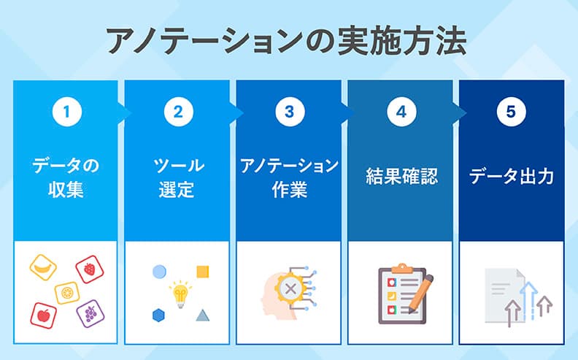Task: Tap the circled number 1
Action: pos(66,112)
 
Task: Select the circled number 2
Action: pos(177,112)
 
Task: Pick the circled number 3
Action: pos(289,112)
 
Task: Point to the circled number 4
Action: pos(401,112)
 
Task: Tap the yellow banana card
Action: pos(43,266)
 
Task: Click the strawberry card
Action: pos(89,269)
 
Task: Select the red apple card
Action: pos(43,315)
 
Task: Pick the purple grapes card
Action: pos(90,313)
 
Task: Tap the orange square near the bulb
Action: pos(204,272)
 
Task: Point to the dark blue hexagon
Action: pos(158,315)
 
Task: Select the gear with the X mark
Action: pos(290,290)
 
